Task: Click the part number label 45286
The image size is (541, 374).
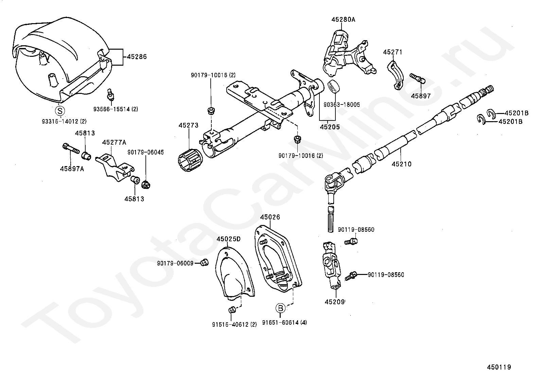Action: pyautogui.click(x=137, y=56)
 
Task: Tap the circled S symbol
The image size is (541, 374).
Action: pyautogui.click(x=60, y=111)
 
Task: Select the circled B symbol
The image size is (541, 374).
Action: pyautogui.click(x=280, y=308)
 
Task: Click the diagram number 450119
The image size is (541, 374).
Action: pyautogui.click(x=499, y=367)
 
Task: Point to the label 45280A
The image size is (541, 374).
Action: pyautogui.click(x=343, y=20)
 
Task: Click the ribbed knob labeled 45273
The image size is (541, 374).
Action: pyautogui.click(x=190, y=159)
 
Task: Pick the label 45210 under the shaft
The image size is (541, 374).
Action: pyautogui.click(x=401, y=164)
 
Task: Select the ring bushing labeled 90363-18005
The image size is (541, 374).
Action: pyautogui.click(x=334, y=86)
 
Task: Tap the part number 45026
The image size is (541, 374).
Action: pyautogui.click(x=270, y=217)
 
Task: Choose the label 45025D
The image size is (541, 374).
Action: pyautogui.click(x=228, y=239)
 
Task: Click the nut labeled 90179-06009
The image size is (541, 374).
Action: pyautogui.click(x=205, y=262)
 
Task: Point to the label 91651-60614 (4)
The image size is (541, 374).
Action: pyautogui.click(x=284, y=323)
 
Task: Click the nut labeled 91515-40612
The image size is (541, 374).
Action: pyautogui.click(x=231, y=310)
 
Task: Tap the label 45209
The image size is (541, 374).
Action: pyautogui.click(x=334, y=302)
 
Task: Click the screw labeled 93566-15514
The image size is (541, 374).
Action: pyautogui.click(x=111, y=94)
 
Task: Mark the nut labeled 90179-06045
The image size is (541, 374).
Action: pyautogui.click(x=146, y=184)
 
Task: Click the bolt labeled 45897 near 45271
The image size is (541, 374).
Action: pyautogui.click(x=417, y=79)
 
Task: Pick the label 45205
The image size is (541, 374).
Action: pyautogui.click(x=330, y=127)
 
